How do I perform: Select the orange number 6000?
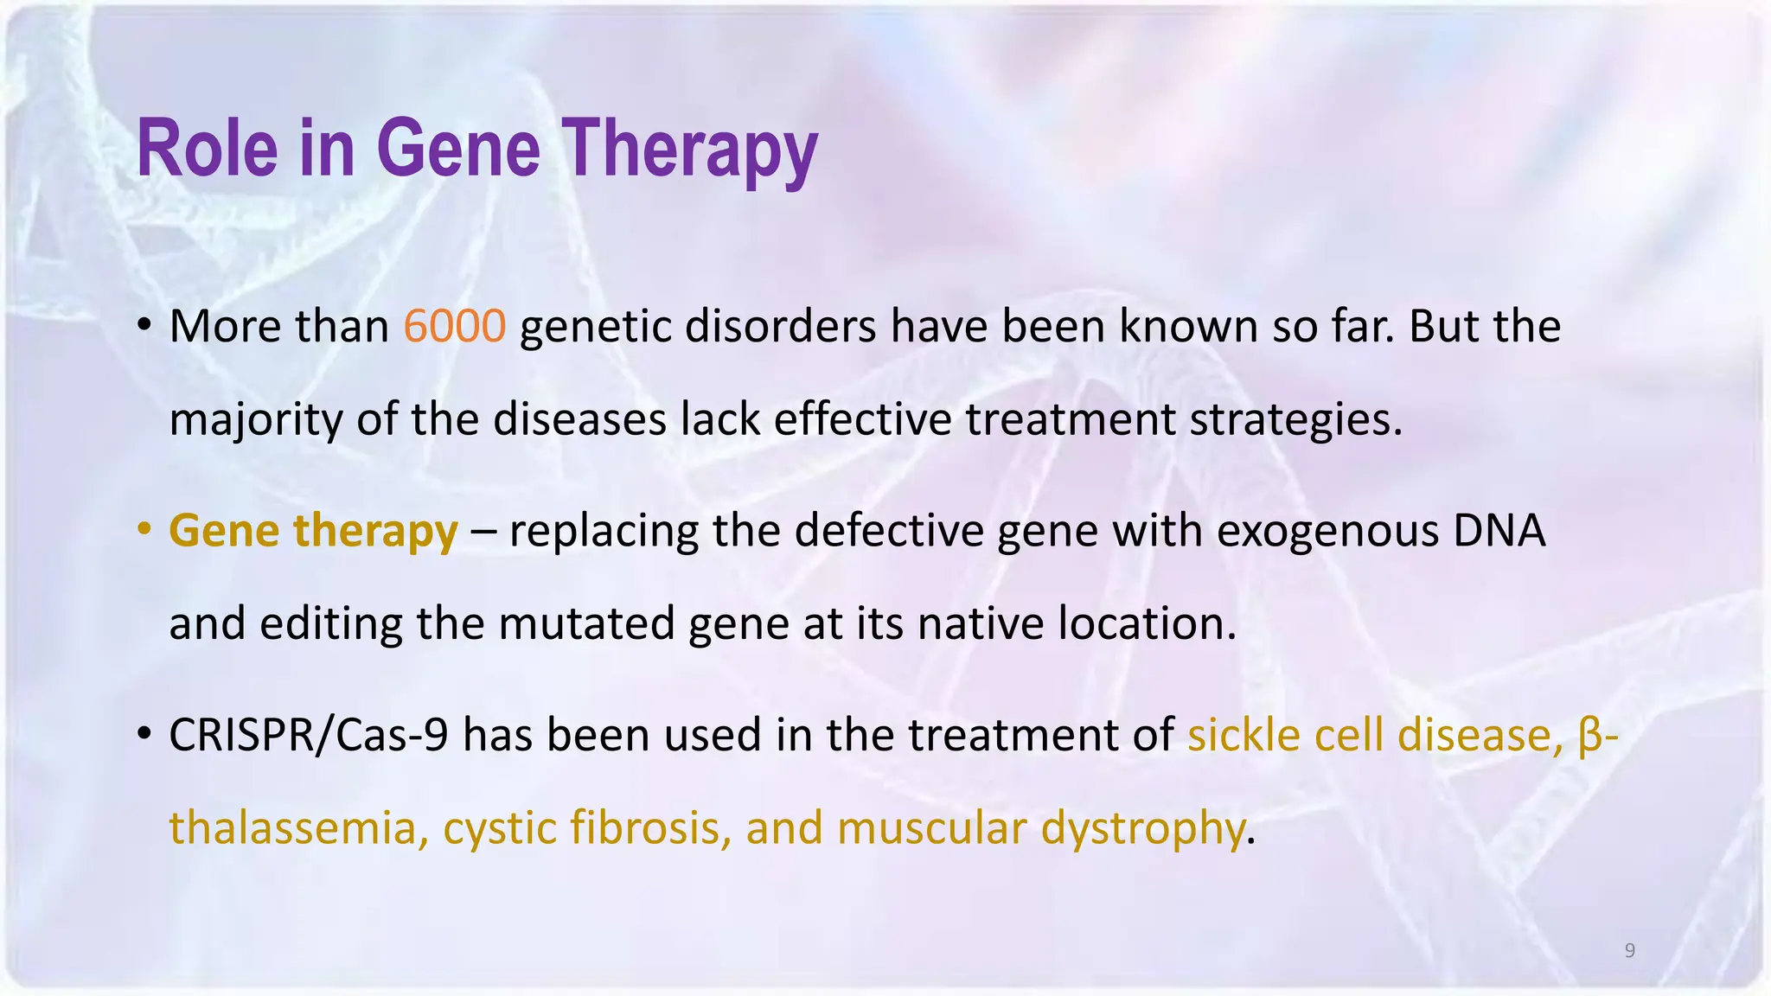(x=454, y=327)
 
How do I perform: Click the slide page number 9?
(x=1629, y=951)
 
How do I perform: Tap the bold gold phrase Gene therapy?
(x=313, y=530)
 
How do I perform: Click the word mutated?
(x=587, y=623)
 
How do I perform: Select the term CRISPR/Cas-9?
(x=308, y=735)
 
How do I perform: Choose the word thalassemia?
(x=293, y=827)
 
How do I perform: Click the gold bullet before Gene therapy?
(x=144, y=528)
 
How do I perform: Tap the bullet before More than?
(x=144, y=325)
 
